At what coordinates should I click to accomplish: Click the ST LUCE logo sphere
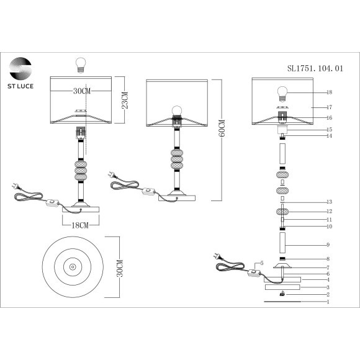[20, 69]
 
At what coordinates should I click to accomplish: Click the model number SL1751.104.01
[315, 68]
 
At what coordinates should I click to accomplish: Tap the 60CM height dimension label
[222, 128]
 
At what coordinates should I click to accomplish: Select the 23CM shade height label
[125, 100]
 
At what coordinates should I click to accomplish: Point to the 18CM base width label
[80, 225]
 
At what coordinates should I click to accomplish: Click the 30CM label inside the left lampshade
[82, 91]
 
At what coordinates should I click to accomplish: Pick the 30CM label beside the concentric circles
[120, 268]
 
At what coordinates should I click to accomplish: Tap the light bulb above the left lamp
[81, 65]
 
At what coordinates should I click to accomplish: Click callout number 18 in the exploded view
[330, 92]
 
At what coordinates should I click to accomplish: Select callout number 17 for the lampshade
[330, 107]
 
